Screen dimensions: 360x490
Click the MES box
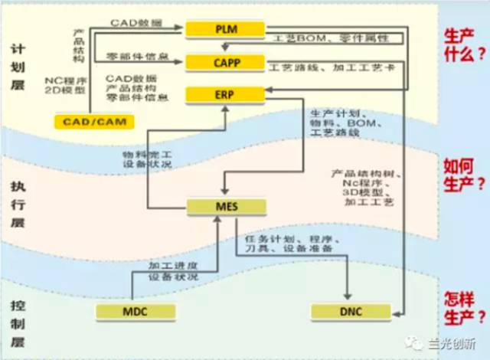coord(227,206)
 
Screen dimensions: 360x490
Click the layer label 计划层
coord(18,65)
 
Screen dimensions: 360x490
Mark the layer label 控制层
coord(18,322)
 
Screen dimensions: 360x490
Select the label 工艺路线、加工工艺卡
coord(331,68)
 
